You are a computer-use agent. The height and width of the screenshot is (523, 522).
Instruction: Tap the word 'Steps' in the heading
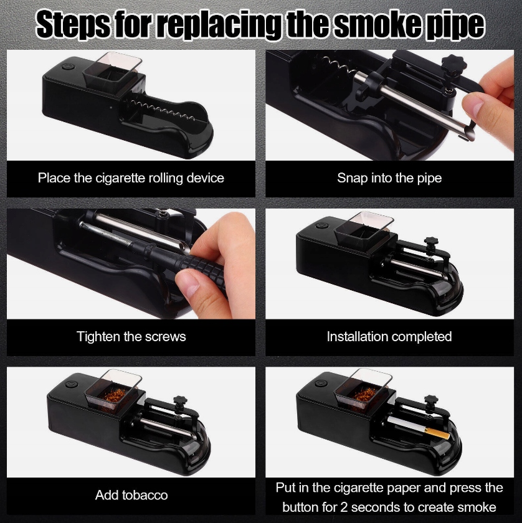(x=73, y=25)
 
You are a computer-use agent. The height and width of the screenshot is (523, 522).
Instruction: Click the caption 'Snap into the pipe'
(x=389, y=178)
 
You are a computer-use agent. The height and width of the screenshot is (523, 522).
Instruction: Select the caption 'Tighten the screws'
(x=131, y=336)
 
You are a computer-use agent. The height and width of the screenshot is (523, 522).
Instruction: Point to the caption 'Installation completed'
(x=389, y=337)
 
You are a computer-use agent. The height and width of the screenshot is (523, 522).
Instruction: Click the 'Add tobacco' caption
(x=131, y=495)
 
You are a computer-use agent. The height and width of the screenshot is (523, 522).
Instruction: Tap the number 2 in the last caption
(x=344, y=507)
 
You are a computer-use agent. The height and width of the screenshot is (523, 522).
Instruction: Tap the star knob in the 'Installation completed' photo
(x=431, y=242)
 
